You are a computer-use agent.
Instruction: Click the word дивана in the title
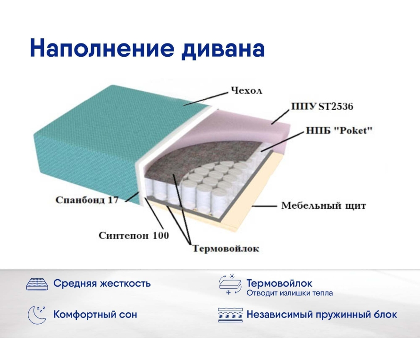(x=223, y=49)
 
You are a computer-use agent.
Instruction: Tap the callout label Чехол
(x=246, y=91)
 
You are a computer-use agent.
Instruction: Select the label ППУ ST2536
(x=322, y=106)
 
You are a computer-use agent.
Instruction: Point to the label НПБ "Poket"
(x=339, y=130)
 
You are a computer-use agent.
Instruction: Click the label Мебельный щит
(x=324, y=206)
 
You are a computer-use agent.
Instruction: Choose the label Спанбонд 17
(x=87, y=200)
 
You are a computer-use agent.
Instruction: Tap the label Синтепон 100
(x=134, y=236)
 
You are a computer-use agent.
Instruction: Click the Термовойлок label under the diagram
(x=226, y=249)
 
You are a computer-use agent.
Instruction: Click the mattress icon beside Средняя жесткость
(x=37, y=284)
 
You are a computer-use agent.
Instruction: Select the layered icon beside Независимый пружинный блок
(x=230, y=315)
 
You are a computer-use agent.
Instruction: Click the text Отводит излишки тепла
(x=290, y=293)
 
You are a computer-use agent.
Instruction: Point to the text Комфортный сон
(x=95, y=314)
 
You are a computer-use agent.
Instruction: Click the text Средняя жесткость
(x=102, y=283)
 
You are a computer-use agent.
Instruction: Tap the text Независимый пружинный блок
(x=322, y=314)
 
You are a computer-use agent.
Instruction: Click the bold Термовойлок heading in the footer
(x=279, y=283)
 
